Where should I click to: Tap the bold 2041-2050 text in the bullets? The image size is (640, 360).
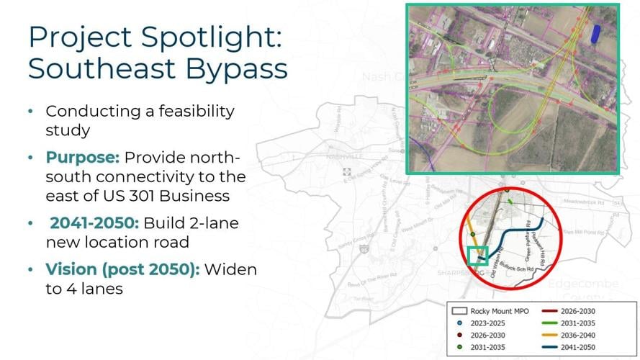(x=94, y=223)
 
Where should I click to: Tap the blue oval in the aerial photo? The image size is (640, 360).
(x=595, y=33)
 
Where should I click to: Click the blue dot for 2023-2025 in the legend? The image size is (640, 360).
(x=459, y=323)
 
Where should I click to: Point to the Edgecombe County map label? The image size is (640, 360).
(x=582, y=290)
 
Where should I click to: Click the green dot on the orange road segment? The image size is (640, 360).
(x=472, y=234)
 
